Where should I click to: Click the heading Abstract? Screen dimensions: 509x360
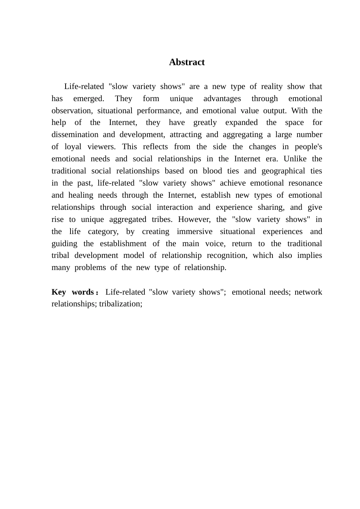pyautogui.click(x=186, y=62)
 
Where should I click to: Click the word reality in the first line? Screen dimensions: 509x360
pyautogui.click(x=271, y=86)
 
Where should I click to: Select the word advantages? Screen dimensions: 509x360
pyautogui.click(x=222, y=98)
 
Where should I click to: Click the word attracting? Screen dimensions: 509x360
pyautogui.click(x=186, y=134)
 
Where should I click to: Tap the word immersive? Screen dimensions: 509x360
pyautogui.click(x=194, y=231)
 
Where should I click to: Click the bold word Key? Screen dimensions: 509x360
pyautogui.click(x=59, y=292)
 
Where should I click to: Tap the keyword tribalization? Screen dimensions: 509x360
pyautogui.click(x=121, y=304)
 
